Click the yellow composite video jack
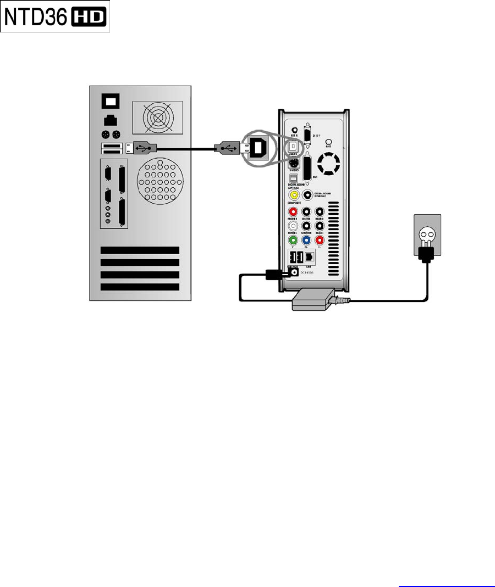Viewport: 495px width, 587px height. [295, 194]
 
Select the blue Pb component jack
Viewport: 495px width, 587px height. [306, 240]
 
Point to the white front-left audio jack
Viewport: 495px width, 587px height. [294, 225]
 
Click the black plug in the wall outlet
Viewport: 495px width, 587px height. [427, 253]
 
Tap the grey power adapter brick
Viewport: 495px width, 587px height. [312, 300]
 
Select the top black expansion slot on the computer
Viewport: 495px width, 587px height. [140, 250]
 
